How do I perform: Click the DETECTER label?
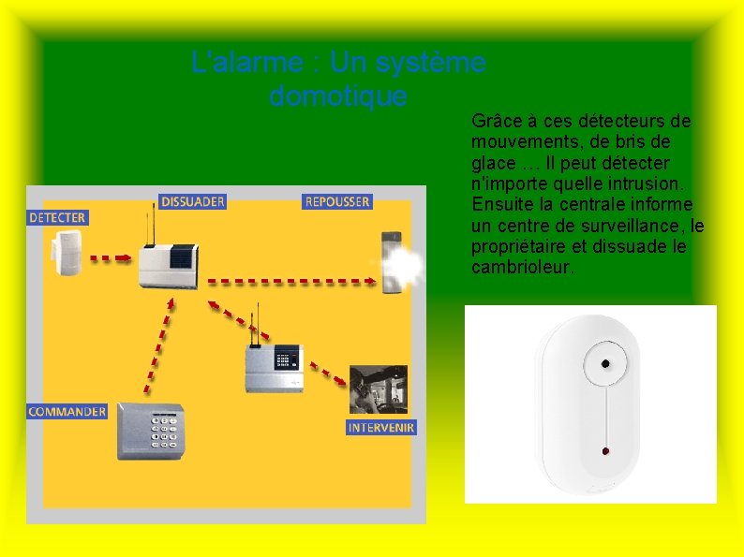tap(57, 217)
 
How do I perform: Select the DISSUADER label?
tap(191, 201)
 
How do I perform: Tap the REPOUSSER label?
tap(336, 201)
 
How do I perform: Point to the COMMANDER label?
tap(67, 412)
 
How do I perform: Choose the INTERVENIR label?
tap(381, 427)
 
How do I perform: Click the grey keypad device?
tap(151, 432)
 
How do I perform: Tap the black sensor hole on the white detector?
tap(606, 363)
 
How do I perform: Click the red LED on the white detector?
tap(605, 451)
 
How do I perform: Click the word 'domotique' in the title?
tap(337, 95)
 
